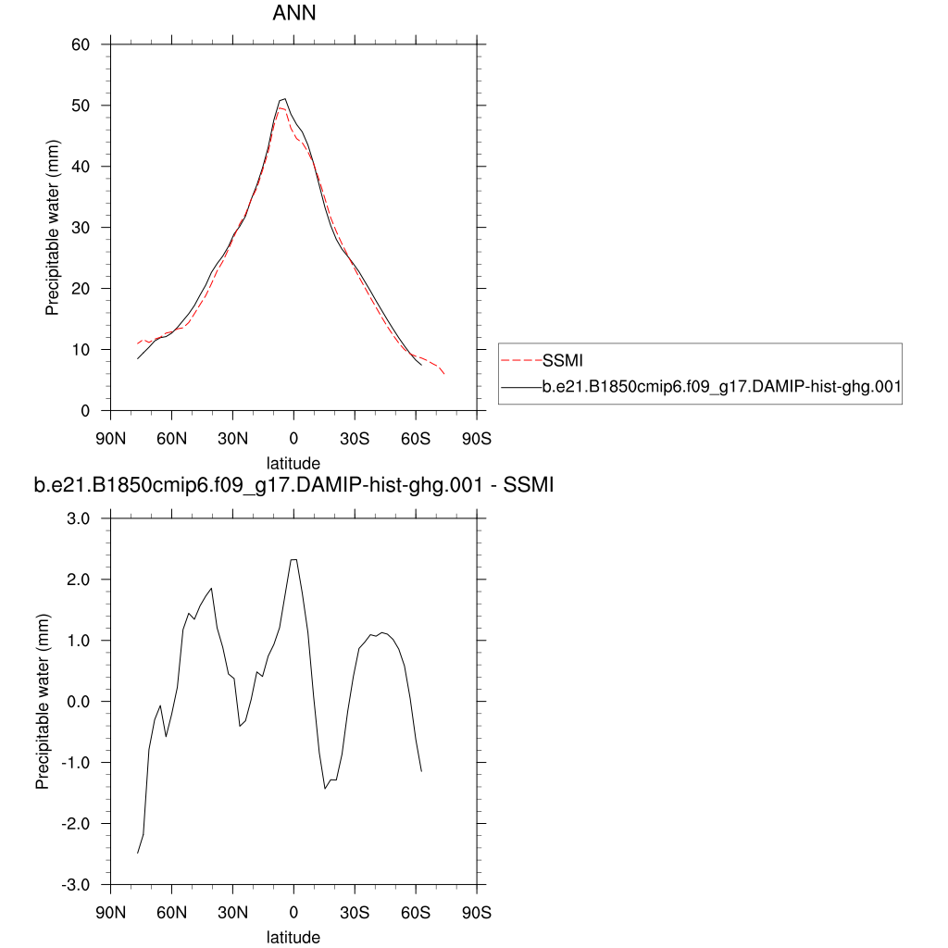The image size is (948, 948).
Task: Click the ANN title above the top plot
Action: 294,13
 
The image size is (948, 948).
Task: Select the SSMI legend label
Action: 562,359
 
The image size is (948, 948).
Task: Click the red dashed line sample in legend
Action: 520,359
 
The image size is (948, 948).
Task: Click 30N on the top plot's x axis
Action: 232,438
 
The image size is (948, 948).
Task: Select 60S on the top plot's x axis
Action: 416,438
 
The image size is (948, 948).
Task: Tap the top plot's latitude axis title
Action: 293,462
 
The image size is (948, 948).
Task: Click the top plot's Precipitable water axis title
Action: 53,228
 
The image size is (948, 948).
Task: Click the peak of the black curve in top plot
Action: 284,98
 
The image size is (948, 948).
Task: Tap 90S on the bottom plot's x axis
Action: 477,912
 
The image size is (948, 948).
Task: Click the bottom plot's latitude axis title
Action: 293,937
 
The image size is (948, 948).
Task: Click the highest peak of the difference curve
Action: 293,559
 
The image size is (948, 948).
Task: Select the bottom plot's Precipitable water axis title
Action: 43,702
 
